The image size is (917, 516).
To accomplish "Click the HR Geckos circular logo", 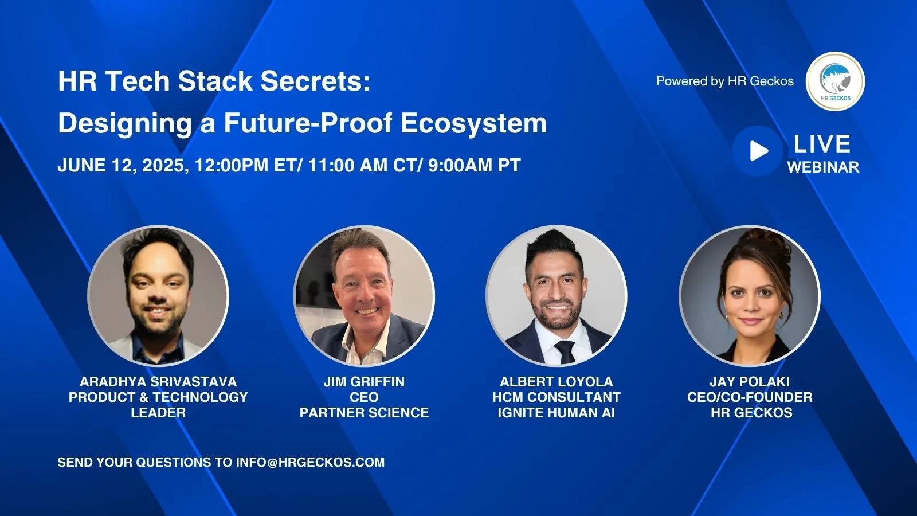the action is [x=835, y=81].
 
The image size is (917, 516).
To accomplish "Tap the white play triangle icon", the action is [x=759, y=151].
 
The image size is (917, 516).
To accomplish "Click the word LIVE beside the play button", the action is [x=822, y=144].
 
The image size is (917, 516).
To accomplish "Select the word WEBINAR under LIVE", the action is [x=823, y=167].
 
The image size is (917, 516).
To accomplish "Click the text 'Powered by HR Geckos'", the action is [x=725, y=81].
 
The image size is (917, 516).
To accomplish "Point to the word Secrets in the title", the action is [x=315, y=81].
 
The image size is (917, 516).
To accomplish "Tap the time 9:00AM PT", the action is [x=475, y=165].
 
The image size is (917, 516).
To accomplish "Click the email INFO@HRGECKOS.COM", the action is [x=310, y=462].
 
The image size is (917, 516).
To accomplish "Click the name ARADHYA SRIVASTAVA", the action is [x=158, y=382].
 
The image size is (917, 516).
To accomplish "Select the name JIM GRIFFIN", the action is [x=364, y=382].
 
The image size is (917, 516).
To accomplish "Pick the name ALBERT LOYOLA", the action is [x=557, y=382].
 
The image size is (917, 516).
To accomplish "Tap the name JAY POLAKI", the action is [x=750, y=382].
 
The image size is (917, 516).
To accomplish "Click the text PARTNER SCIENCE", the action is [x=364, y=412].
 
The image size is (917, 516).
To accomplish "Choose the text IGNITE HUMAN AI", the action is [x=557, y=412].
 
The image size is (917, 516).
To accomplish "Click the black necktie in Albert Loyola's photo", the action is [x=565, y=352].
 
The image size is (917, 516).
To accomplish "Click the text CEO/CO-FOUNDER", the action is [x=750, y=397].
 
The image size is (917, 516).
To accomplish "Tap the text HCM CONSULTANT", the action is [x=557, y=397].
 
